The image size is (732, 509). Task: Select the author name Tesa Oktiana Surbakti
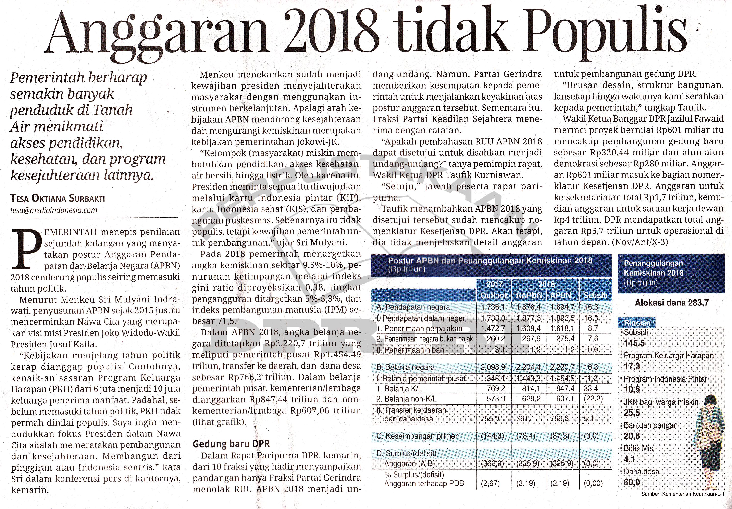pyautogui.click(x=58, y=198)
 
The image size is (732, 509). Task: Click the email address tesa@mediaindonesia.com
pyautogui.click(x=53, y=210)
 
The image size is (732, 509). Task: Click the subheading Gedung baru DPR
pyautogui.click(x=231, y=444)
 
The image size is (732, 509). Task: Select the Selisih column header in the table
pyautogui.click(x=595, y=295)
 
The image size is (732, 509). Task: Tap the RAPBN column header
pyautogui.click(x=529, y=295)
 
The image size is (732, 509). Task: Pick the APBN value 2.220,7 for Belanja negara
pyautogui.click(x=562, y=367)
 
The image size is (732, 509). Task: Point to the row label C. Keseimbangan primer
pyautogui.click(x=417, y=436)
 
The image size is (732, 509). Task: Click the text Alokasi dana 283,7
pyautogui.click(x=672, y=303)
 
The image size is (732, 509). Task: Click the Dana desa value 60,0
pyautogui.click(x=632, y=483)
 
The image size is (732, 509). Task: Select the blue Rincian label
pyautogui.click(x=637, y=323)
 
